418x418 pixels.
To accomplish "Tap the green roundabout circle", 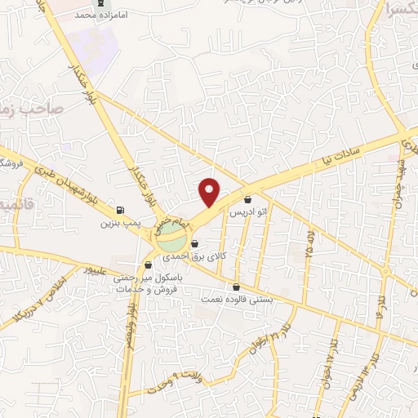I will point(171,240).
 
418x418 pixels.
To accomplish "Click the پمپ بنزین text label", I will point(116,222).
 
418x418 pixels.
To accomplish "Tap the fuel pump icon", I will point(121,210).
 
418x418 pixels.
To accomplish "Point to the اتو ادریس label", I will point(248,212).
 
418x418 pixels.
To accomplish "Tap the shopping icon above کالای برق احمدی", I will point(194,243).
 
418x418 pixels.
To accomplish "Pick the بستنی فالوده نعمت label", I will point(237,300).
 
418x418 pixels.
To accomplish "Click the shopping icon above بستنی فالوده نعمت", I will point(237,287).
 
